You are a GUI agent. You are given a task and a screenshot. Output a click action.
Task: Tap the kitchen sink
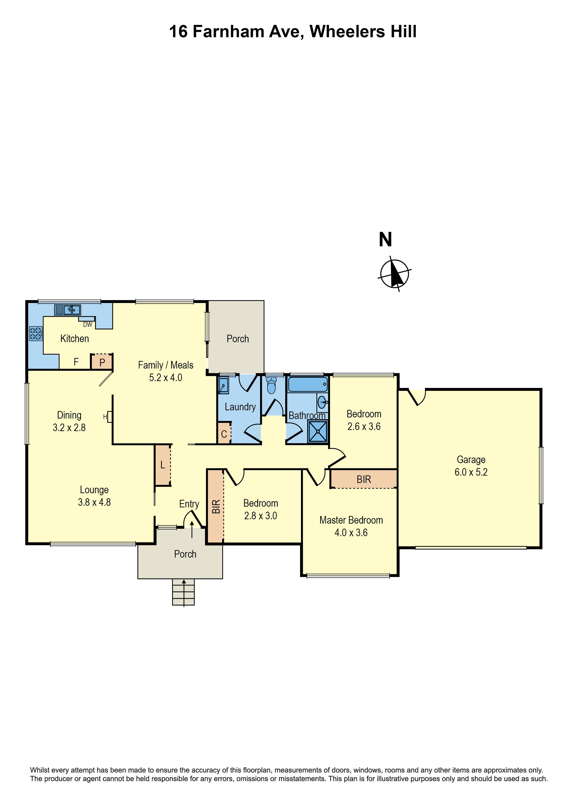pos(68,310)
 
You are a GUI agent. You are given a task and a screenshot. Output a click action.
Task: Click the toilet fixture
pos(271,385)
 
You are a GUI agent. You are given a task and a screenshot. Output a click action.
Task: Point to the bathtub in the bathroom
pos(308,385)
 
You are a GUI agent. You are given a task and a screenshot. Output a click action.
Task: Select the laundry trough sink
pos(224,385)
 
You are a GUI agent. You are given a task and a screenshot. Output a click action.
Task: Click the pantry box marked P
pos(102,362)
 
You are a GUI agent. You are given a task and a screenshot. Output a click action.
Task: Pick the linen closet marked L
pos(163,465)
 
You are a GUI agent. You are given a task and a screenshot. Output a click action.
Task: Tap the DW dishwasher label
pos(88,324)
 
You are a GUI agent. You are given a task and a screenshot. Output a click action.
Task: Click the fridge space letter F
pos(76,362)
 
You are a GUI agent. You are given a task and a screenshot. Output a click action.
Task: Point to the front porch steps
pos(183,592)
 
